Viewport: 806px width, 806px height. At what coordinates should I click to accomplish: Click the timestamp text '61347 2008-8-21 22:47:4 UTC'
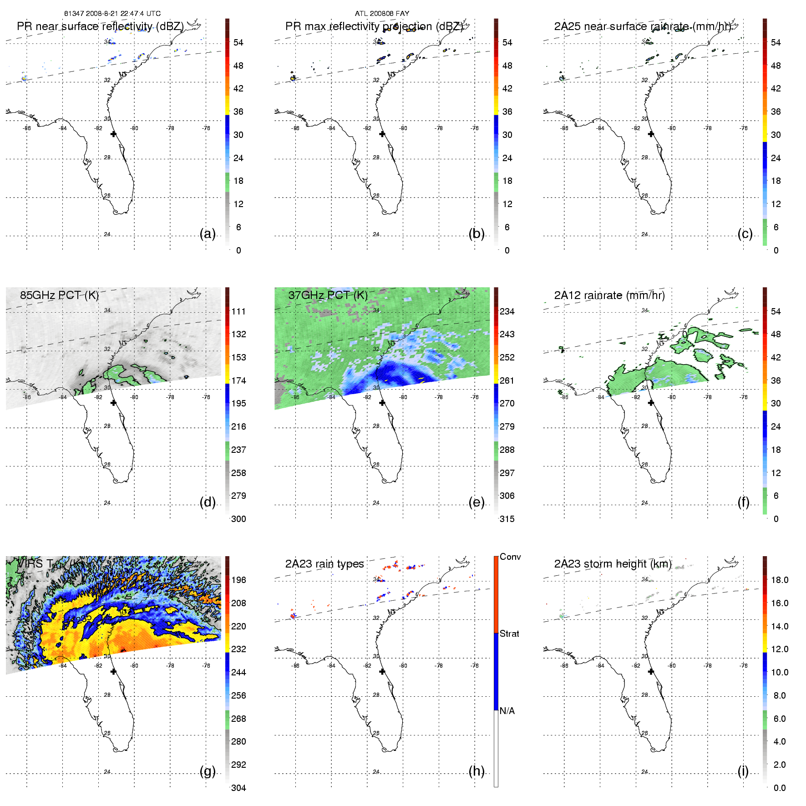(112, 14)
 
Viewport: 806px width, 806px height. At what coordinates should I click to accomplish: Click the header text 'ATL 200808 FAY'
(382, 14)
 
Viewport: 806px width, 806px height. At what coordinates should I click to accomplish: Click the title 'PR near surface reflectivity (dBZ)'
(100, 26)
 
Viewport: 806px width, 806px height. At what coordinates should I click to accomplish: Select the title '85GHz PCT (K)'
(59, 295)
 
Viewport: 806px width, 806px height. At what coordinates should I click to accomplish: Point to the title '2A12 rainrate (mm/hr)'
(609, 295)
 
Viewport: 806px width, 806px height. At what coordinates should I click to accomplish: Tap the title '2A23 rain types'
(324, 564)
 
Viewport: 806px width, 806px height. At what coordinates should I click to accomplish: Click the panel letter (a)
(208, 233)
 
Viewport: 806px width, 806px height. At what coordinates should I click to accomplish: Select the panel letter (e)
(477, 502)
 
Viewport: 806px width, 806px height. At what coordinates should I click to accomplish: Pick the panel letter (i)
(743, 771)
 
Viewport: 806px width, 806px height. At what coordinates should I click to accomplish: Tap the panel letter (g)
(208, 771)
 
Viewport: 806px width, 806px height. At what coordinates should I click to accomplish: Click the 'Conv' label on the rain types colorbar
(510, 557)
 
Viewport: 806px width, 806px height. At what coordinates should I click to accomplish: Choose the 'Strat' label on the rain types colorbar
(509, 634)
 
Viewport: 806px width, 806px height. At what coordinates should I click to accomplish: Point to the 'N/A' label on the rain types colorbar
(507, 711)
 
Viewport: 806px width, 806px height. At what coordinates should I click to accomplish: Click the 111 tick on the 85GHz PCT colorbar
(238, 311)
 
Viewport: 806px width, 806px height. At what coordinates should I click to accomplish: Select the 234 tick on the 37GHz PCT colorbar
(507, 311)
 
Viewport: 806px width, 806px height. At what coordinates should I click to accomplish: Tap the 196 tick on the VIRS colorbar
(238, 580)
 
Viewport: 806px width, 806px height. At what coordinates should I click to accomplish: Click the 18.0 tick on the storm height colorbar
(780, 580)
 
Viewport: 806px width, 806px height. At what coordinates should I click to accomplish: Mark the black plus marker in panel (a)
(113, 134)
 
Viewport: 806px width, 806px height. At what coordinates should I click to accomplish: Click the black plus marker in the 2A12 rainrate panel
(651, 403)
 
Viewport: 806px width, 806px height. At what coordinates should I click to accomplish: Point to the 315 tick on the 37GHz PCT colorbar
(507, 519)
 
